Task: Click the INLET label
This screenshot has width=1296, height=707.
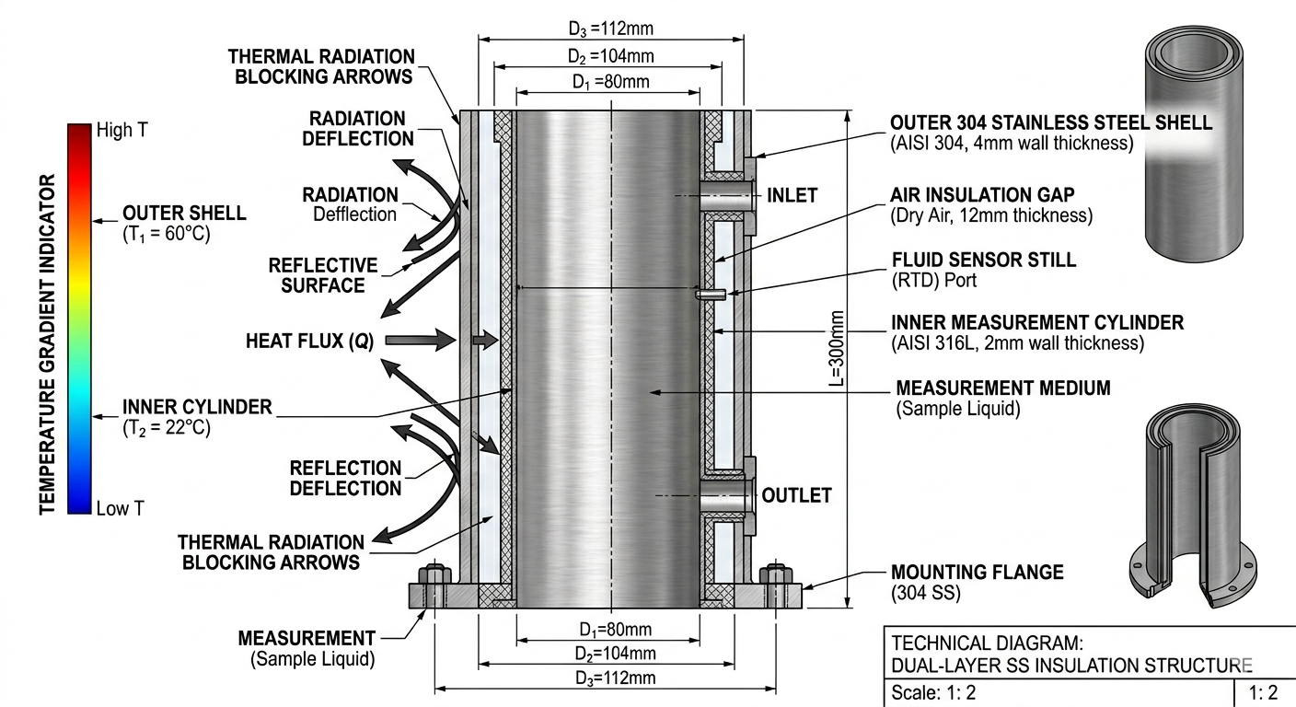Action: pyautogui.click(x=792, y=195)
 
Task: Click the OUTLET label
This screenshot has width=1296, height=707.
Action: pyautogui.click(x=796, y=495)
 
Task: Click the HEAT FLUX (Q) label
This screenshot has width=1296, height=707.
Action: pyautogui.click(x=309, y=341)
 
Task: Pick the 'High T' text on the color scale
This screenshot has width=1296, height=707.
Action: pyautogui.click(x=121, y=131)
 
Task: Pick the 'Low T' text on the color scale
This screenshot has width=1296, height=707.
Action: pyautogui.click(x=120, y=508)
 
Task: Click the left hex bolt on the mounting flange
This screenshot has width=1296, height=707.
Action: pyautogui.click(x=434, y=578)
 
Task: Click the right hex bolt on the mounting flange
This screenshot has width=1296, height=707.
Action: pyautogui.click(x=775, y=578)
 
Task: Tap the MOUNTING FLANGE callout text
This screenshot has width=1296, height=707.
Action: pyautogui.click(x=977, y=573)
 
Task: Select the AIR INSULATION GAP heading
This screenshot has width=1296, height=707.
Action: pyautogui.click(x=982, y=195)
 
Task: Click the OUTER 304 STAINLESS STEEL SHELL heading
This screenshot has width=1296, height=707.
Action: pyautogui.click(x=1051, y=123)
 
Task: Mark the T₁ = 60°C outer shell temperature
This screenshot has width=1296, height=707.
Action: pyautogui.click(x=167, y=234)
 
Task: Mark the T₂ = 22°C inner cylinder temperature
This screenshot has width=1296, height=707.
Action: pyautogui.click(x=167, y=428)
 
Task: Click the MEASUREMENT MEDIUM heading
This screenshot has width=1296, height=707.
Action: pyautogui.click(x=1002, y=388)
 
